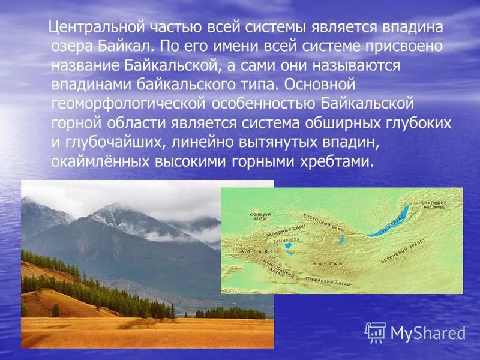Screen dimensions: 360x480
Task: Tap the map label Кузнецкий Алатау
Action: (x=260, y=217)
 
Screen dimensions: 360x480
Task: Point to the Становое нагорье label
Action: (x=434, y=206)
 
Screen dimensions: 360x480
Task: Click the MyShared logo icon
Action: (x=376, y=332)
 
